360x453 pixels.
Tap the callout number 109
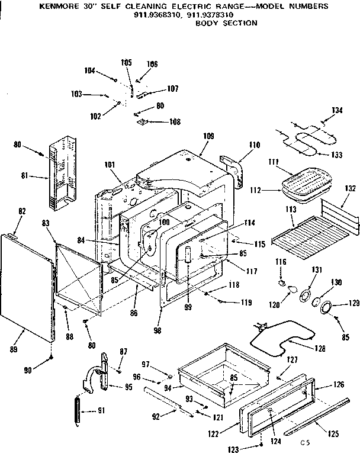[x=208, y=136]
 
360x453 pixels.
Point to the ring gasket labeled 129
[x=325, y=306]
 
